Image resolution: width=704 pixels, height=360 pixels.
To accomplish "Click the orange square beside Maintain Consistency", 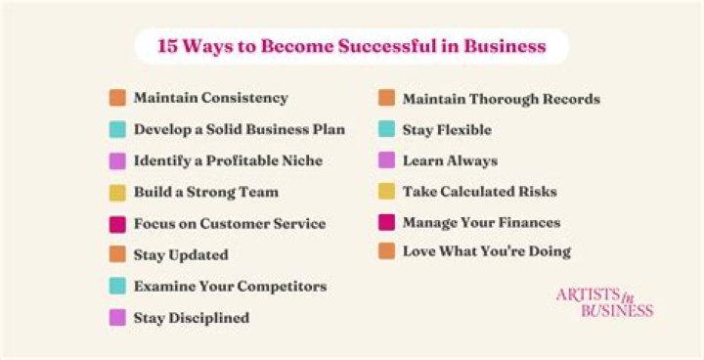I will click(x=117, y=98).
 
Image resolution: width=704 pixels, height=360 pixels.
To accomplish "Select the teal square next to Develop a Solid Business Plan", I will click(x=117, y=129).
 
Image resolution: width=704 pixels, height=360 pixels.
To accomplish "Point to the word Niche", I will click(x=300, y=160).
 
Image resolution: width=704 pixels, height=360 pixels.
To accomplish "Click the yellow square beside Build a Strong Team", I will click(x=117, y=192).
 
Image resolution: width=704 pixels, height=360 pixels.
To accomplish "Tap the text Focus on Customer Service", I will click(x=230, y=223).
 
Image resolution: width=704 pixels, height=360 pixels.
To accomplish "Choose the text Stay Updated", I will click(x=181, y=254).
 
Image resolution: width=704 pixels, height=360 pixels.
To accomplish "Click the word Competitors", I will click(x=279, y=286).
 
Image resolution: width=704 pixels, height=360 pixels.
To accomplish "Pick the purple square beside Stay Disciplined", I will click(x=117, y=317).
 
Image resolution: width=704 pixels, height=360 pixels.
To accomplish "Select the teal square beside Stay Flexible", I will click(x=386, y=129).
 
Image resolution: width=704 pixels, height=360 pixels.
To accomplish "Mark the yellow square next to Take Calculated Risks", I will click(x=386, y=192).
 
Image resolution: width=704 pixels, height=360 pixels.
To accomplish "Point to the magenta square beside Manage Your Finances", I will click(x=386, y=222).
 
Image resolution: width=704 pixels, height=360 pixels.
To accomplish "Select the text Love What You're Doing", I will click(x=486, y=251).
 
